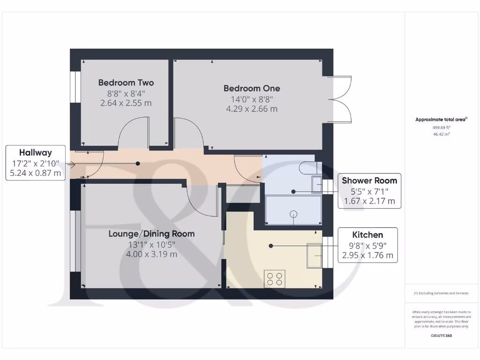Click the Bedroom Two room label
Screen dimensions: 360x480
point(126,83)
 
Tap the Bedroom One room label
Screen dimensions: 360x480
point(251,88)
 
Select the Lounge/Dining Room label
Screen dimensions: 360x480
point(151,233)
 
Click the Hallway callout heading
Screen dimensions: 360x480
point(35,152)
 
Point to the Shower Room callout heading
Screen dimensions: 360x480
point(369,180)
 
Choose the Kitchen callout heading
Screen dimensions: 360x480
point(367,235)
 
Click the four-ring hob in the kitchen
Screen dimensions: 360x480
point(274,278)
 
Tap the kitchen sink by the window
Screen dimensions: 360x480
point(315,256)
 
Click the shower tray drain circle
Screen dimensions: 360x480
point(294,214)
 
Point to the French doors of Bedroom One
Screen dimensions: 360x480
point(341,99)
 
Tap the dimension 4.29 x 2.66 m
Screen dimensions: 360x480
point(251,109)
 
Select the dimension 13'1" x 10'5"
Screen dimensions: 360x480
point(151,244)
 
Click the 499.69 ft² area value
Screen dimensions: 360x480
point(441,127)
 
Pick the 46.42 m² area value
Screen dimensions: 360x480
point(441,134)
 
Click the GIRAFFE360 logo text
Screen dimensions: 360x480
point(441,336)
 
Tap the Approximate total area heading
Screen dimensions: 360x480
point(441,120)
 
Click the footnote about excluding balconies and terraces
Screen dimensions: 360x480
point(441,293)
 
